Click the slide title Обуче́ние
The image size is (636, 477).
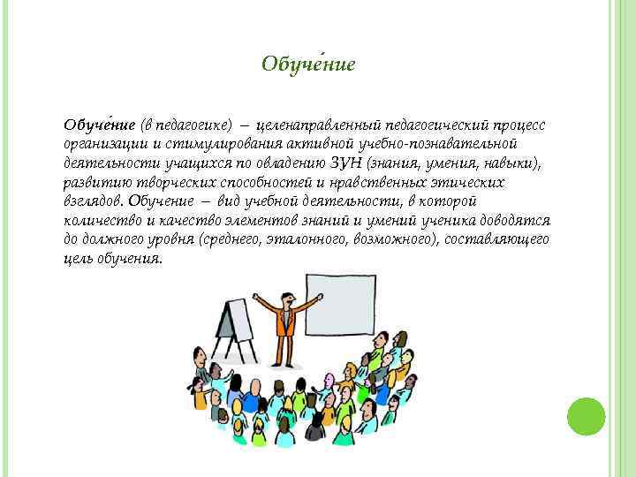(308, 64)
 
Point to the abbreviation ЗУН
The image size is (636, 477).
(343, 162)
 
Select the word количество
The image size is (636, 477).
(98, 220)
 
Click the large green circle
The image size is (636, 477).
(586, 414)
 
